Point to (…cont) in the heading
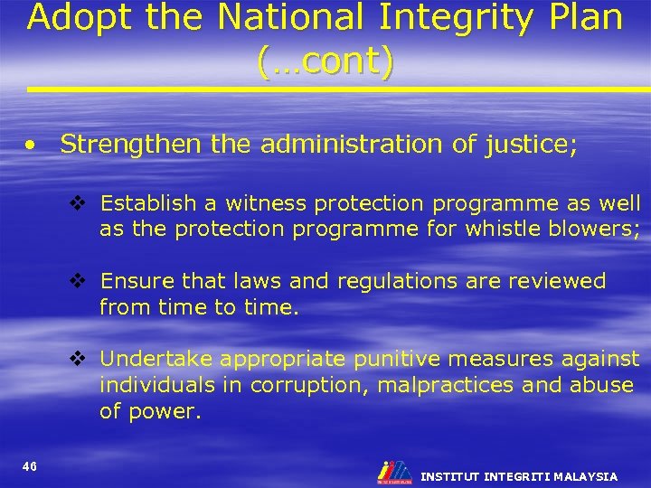[x=325, y=61]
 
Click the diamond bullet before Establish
[x=79, y=203]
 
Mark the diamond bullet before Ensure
[x=79, y=281]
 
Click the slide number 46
[x=30, y=465]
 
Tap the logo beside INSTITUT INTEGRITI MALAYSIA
[x=394, y=472]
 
